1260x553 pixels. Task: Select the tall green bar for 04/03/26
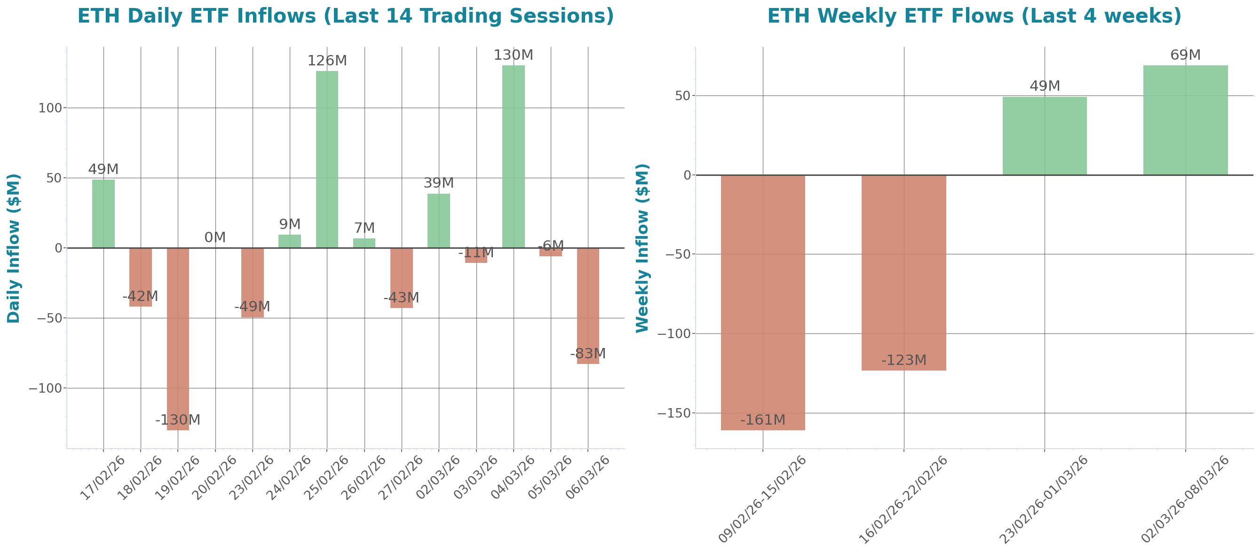(513, 157)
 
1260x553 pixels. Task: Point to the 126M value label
(327, 61)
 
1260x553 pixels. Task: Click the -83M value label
(587, 354)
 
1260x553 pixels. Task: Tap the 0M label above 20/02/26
(215, 237)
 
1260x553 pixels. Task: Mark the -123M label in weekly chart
(903, 360)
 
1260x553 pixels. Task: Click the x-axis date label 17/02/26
(103, 478)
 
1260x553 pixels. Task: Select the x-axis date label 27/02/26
(401, 478)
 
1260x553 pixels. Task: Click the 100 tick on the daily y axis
(50, 108)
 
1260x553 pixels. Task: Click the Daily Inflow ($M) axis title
(14, 248)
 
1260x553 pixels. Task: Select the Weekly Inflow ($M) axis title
(642, 248)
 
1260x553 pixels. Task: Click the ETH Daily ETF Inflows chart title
(345, 16)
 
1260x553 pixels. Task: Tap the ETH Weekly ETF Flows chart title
(974, 16)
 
